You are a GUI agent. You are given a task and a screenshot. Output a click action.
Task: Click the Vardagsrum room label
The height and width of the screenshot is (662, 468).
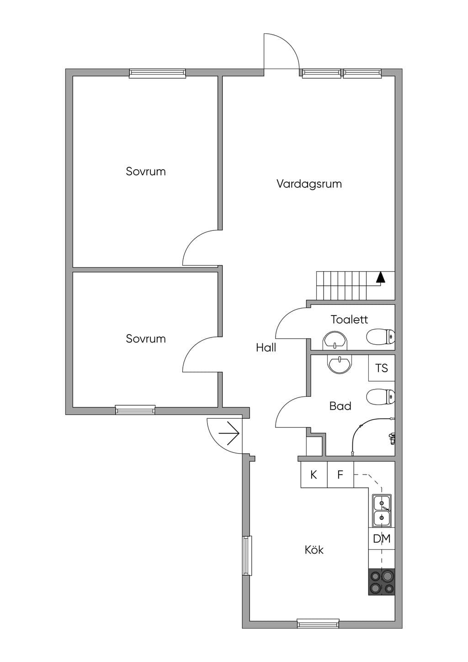click(309, 184)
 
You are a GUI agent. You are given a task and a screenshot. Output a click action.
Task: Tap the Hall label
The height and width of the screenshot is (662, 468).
click(266, 347)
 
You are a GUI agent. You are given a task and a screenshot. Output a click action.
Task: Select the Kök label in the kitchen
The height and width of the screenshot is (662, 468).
click(314, 550)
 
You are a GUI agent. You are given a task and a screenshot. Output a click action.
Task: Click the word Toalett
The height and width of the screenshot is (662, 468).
click(349, 320)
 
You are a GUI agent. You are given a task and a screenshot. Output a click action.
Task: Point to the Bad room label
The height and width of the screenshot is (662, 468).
click(340, 406)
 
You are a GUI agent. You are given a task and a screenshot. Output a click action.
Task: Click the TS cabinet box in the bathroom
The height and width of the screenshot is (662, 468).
click(382, 368)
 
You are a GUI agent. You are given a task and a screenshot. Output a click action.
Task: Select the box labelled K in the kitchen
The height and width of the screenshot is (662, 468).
click(314, 475)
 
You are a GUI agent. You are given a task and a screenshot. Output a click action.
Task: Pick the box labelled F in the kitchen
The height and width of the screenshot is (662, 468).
click(340, 475)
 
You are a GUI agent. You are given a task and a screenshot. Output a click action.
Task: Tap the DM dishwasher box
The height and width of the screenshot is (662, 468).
click(382, 539)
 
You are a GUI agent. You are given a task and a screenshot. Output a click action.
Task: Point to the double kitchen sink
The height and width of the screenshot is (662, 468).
click(382, 510)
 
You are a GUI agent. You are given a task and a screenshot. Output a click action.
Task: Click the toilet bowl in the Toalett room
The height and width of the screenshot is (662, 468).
click(381, 336)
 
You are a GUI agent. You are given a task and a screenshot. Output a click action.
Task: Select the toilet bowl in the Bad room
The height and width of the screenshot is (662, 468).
click(381, 396)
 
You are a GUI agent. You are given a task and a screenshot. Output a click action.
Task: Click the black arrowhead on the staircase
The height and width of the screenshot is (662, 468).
click(381, 277)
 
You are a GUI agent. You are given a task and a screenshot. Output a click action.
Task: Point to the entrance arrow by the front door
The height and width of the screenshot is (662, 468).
click(229, 434)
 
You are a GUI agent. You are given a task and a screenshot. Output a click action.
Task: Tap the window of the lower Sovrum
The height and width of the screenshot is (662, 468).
click(135, 410)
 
